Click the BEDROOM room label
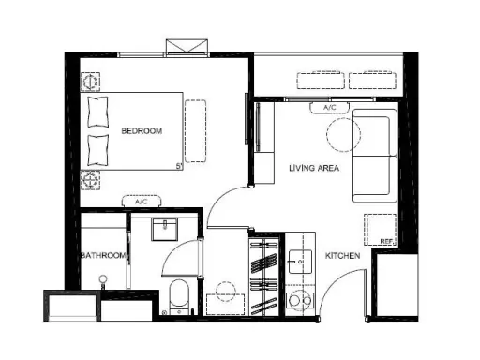click(x=142, y=130)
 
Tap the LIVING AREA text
click(x=314, y=168)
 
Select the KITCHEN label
click(x=342, y=256)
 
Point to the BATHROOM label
click(x=104, y=255)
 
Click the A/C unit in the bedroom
click(x=142, y=201)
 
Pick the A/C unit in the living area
click(x=329, y=108)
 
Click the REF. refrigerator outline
click(x=381, y=230)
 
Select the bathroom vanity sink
click(x=164, y=230)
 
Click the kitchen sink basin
click(x=300, y=262)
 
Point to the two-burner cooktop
click(x=300, y=301)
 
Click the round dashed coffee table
click(x=343, y=135)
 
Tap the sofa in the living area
click(x=375, y=156)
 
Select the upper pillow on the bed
click(x=98, y=112)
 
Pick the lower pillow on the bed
click(x=98, y=150)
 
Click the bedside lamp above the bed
click(x=90, y=82)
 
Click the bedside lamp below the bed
click(x=90, y=180)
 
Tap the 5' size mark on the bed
click(x=179, y=166)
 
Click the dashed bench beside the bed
click(x=195, y=131)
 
